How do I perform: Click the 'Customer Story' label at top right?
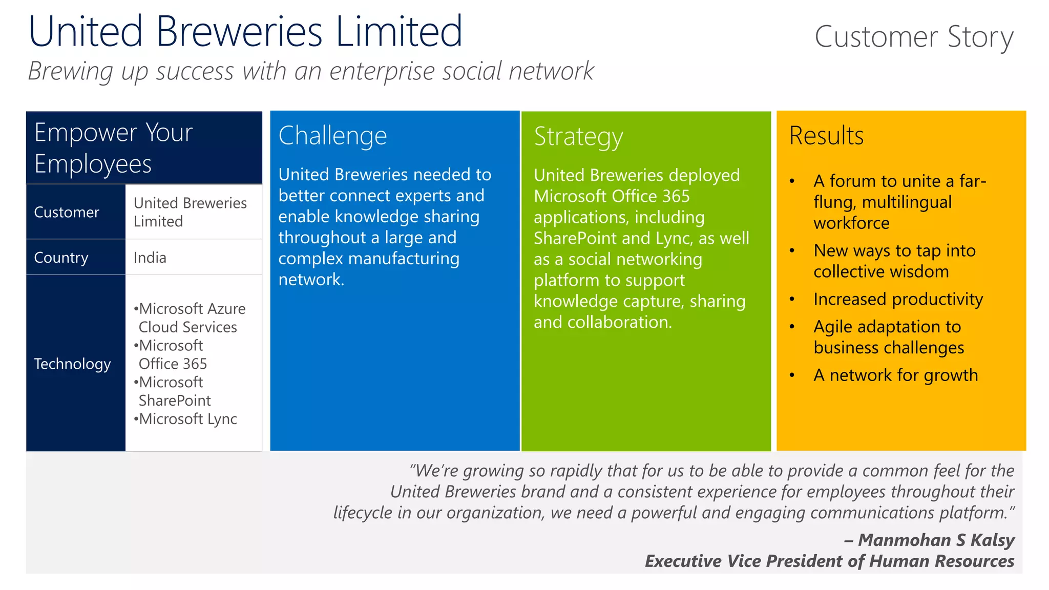click(x=914, y=37)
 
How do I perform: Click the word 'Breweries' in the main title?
click(x=239, y=32)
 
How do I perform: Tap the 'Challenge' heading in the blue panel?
click(x=332, y=136)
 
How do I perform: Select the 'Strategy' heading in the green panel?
click(x=578, y=137)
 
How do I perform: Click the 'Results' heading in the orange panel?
click(x=826, y=136)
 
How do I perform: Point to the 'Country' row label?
click(x=61, y=258)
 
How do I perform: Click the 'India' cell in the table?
click(x=150, y=258)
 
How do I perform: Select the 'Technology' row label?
click(x=72, y=364)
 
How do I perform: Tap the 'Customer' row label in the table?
click(x=67, y=213)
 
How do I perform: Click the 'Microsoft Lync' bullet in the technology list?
click(x=187, y=419)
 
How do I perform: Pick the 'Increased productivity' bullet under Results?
click(x=898, y=299)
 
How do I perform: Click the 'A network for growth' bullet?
click(x=895, y=375)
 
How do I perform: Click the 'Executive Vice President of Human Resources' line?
click(x=829, y=561)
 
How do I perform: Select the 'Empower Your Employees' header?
click(x=113, y=148)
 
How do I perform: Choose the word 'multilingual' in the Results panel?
click(x=907, y=202)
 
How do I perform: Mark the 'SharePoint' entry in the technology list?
click(x=175, y=401)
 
